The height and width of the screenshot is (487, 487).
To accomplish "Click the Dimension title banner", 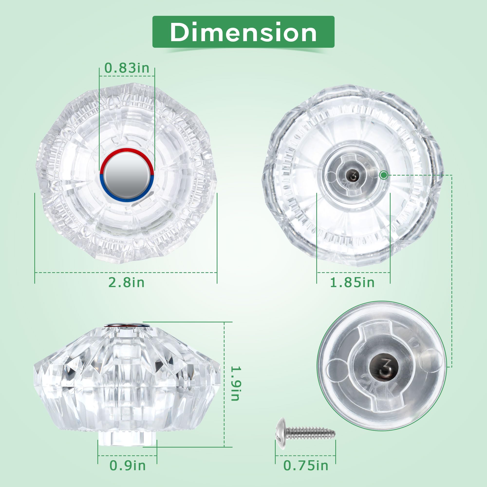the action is click(x=243, y=32).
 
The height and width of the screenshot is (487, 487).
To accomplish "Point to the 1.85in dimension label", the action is click(x=352, y=282).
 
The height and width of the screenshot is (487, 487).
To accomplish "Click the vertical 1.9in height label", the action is click(x=236, y=387).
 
